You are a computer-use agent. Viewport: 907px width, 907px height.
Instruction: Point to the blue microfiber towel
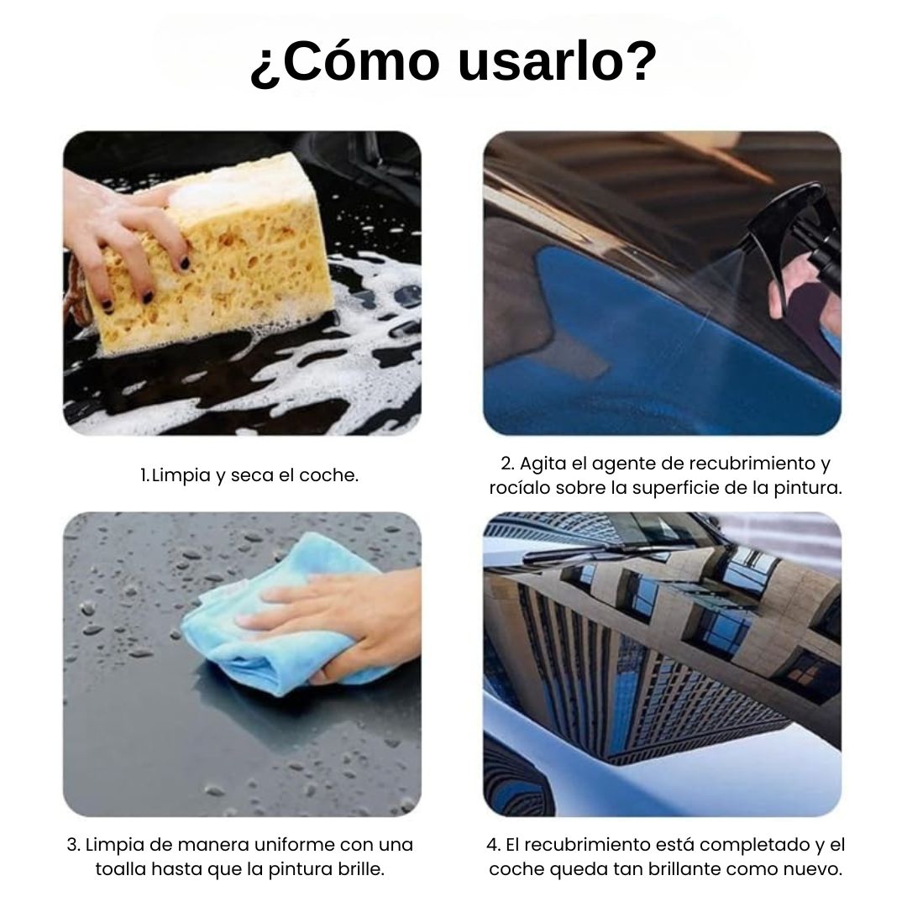pos(252,621)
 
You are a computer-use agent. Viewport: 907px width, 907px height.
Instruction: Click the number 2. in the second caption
pos(507,464)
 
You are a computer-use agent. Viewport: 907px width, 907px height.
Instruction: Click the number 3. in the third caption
pos(73,845)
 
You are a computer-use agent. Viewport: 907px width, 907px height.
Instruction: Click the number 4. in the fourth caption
pos(493,845)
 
